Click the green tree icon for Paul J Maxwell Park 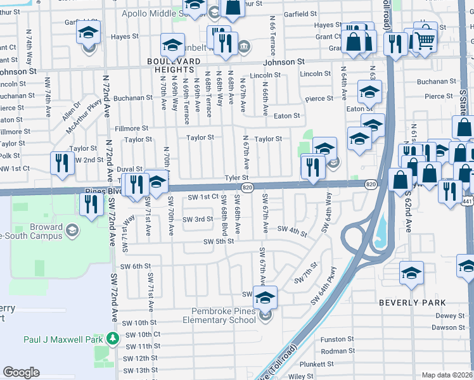113,339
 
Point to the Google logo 22,372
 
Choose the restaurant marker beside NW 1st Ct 62,163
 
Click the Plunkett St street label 317,364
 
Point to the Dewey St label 450,315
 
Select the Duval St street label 130,169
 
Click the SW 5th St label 219,241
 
